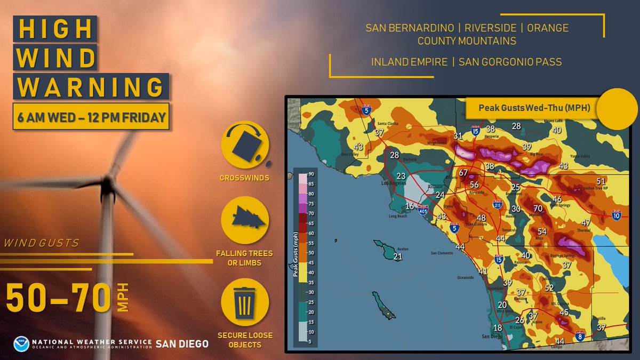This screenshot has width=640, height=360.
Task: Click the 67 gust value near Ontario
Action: (x=463, y=173)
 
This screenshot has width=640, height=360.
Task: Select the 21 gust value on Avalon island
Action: (x=397, y=257)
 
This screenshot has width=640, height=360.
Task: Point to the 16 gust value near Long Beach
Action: (x=410, y=206)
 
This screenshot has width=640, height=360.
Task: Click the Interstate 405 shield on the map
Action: (x=423, y=210)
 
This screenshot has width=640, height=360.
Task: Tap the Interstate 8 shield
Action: (x=580, y=336)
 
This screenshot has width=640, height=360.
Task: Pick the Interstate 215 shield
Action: (x=497, y=204)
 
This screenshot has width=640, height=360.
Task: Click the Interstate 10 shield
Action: (x=617, y=215)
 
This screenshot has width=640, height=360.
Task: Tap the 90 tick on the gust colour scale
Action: (x=309, y=175)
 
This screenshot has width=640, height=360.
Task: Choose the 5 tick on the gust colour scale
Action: (x=309, y=342)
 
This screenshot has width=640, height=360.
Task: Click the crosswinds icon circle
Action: (x=245, y=145)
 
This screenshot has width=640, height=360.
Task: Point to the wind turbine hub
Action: (x=108, y=185)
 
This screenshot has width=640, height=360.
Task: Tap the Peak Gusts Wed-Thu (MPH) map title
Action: (x=533, y=108)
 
